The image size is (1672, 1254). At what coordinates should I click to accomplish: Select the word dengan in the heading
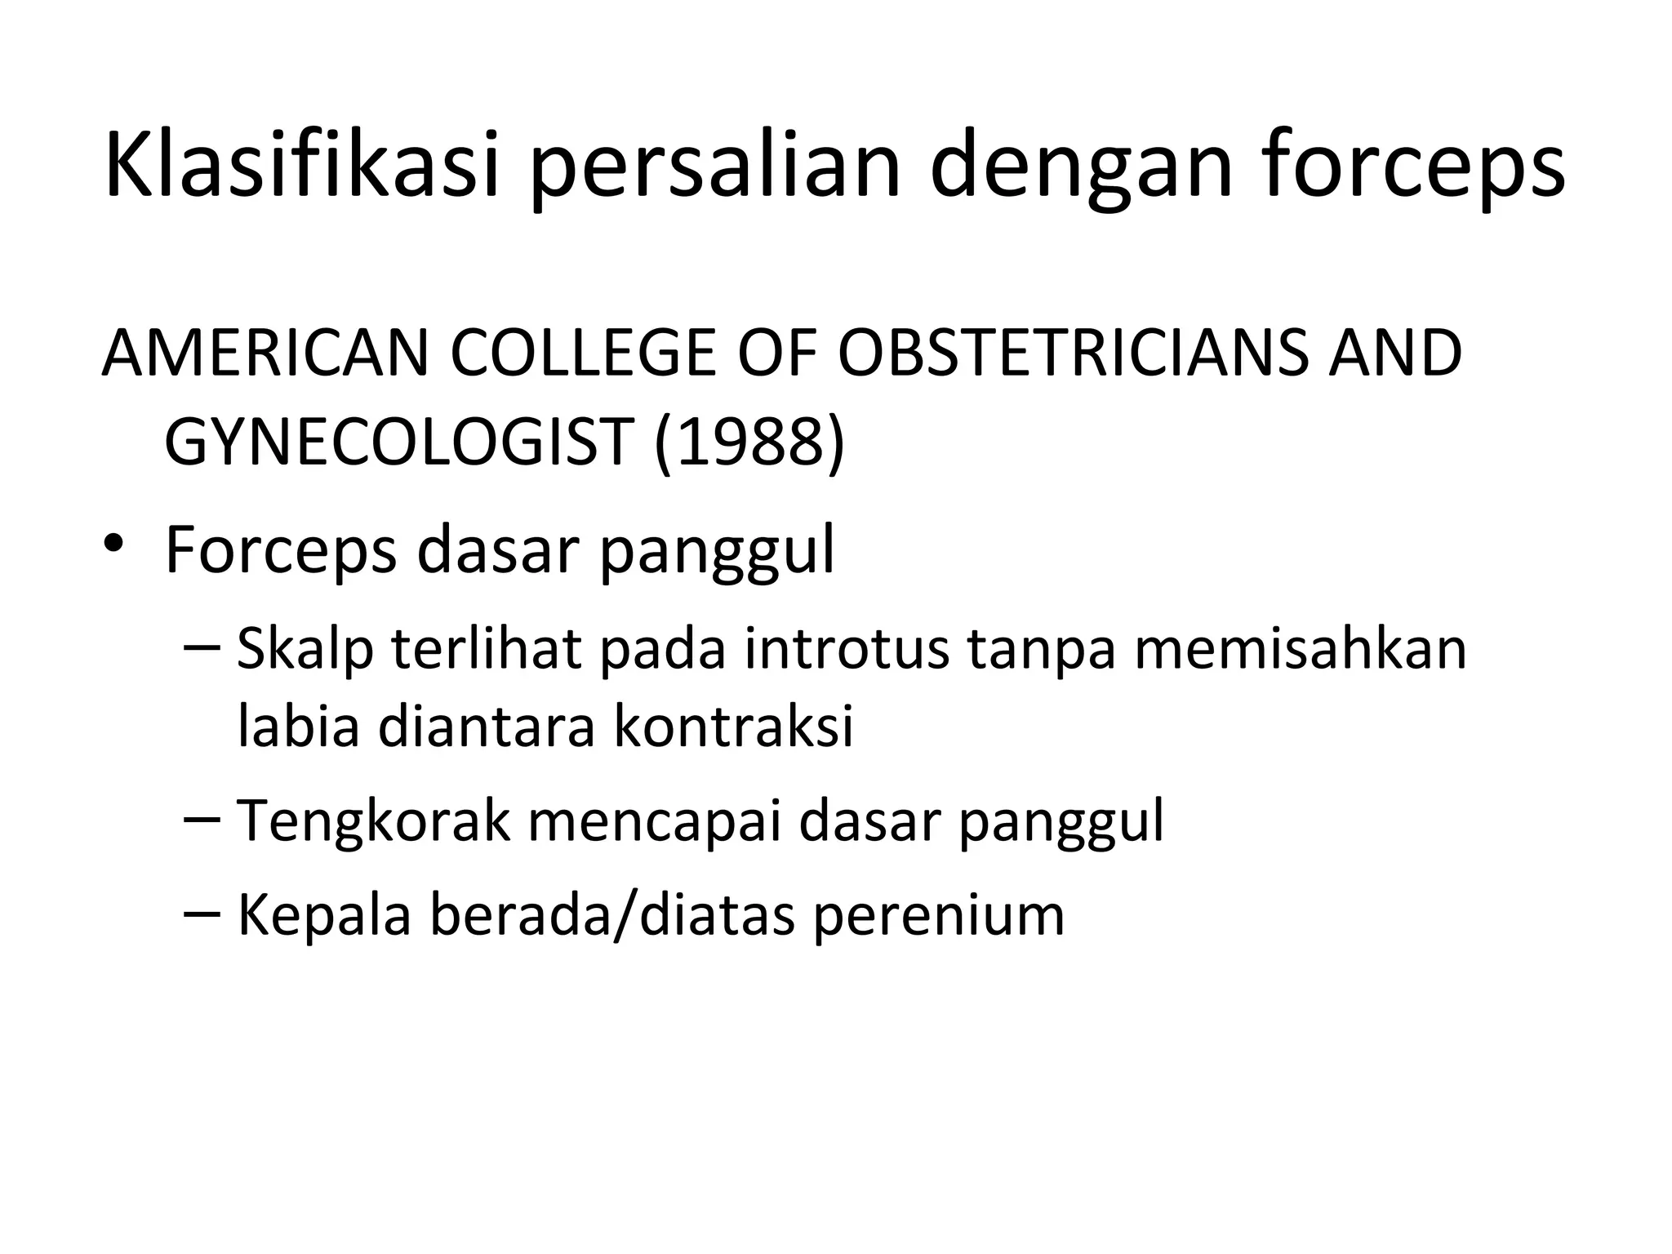tap(1080, 174)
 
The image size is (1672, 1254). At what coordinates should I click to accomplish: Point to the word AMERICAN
tap(265, 354)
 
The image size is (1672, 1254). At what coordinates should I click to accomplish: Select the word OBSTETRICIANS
tap(1073, 354)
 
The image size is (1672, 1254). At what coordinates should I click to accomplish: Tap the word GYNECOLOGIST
tap(399, 442)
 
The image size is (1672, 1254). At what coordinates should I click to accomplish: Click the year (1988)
tap(749, 444)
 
